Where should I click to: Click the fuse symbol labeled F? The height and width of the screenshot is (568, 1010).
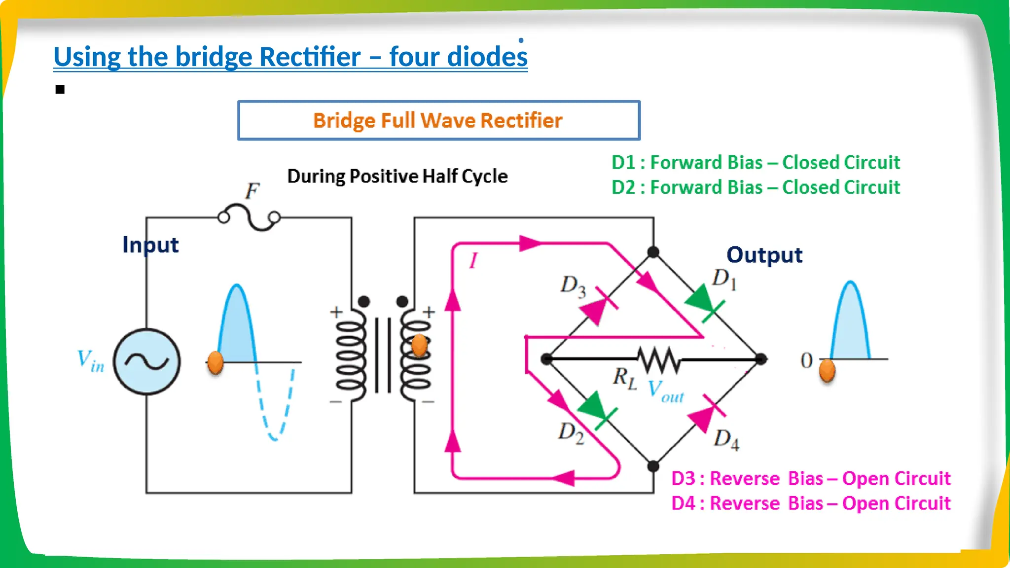[x=249, y=217]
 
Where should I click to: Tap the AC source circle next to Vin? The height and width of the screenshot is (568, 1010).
[x=146, y=361]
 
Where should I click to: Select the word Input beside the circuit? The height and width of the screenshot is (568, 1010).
[x=150, y=245]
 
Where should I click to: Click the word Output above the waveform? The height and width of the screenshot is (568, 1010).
[x=764, y=255]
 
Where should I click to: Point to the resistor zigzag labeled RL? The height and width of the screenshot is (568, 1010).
[x=658, y=359]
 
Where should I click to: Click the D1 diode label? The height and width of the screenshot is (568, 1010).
[x=724, y=279]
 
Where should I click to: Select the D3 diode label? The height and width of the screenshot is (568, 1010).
[x=573, y=286]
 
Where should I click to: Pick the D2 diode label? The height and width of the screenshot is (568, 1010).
[x=571, y=432]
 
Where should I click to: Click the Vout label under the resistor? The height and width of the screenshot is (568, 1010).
[x=666, y=391]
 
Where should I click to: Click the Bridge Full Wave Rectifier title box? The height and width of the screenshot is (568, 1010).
[x=438, y=121]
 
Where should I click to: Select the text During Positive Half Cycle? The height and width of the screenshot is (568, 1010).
[x=397, y=177]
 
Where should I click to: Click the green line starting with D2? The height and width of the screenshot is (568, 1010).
[x=755, y=188]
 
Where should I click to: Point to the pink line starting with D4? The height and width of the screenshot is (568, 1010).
[x=810, y=503]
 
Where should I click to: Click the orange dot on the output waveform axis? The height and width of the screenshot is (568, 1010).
[x=827, y=370]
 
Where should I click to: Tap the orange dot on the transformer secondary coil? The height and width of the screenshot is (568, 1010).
[x=419, y=345]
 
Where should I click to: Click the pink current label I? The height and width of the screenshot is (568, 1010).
[x=473, y=260]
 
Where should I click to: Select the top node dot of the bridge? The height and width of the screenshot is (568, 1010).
[x=653, y=252]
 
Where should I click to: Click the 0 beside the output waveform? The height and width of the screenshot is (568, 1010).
[x=806, y=360]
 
